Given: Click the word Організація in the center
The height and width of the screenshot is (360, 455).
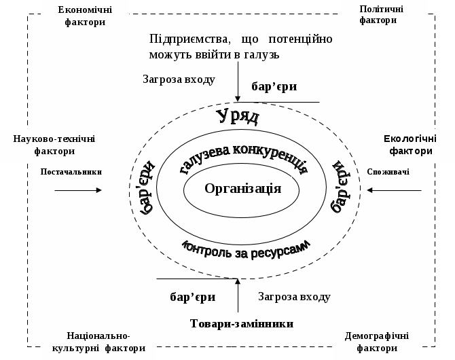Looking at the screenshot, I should click(242, 189).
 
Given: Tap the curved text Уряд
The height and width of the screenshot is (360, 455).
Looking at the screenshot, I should click(238, 116).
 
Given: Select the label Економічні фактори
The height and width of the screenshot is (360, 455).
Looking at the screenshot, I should click(86, 16).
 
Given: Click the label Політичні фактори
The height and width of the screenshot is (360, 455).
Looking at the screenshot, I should click(381, 14).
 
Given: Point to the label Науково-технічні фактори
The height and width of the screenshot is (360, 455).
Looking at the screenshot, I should click(54, 145).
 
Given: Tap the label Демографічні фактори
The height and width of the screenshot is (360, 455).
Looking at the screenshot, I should click(376, 342).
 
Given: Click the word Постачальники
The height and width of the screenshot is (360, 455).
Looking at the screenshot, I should click(71, 172).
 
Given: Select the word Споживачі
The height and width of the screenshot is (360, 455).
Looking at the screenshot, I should click(388, 172).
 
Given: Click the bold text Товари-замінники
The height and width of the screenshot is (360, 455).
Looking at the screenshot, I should click(242, 324).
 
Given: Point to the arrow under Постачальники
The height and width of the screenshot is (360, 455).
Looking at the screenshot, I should click(78, 190).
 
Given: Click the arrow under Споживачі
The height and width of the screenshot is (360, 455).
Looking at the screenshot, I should click(394, 190).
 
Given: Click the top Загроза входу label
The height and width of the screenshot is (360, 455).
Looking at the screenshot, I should click(179, 79).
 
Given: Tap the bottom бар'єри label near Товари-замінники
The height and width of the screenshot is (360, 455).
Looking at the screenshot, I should click(192, 297).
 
